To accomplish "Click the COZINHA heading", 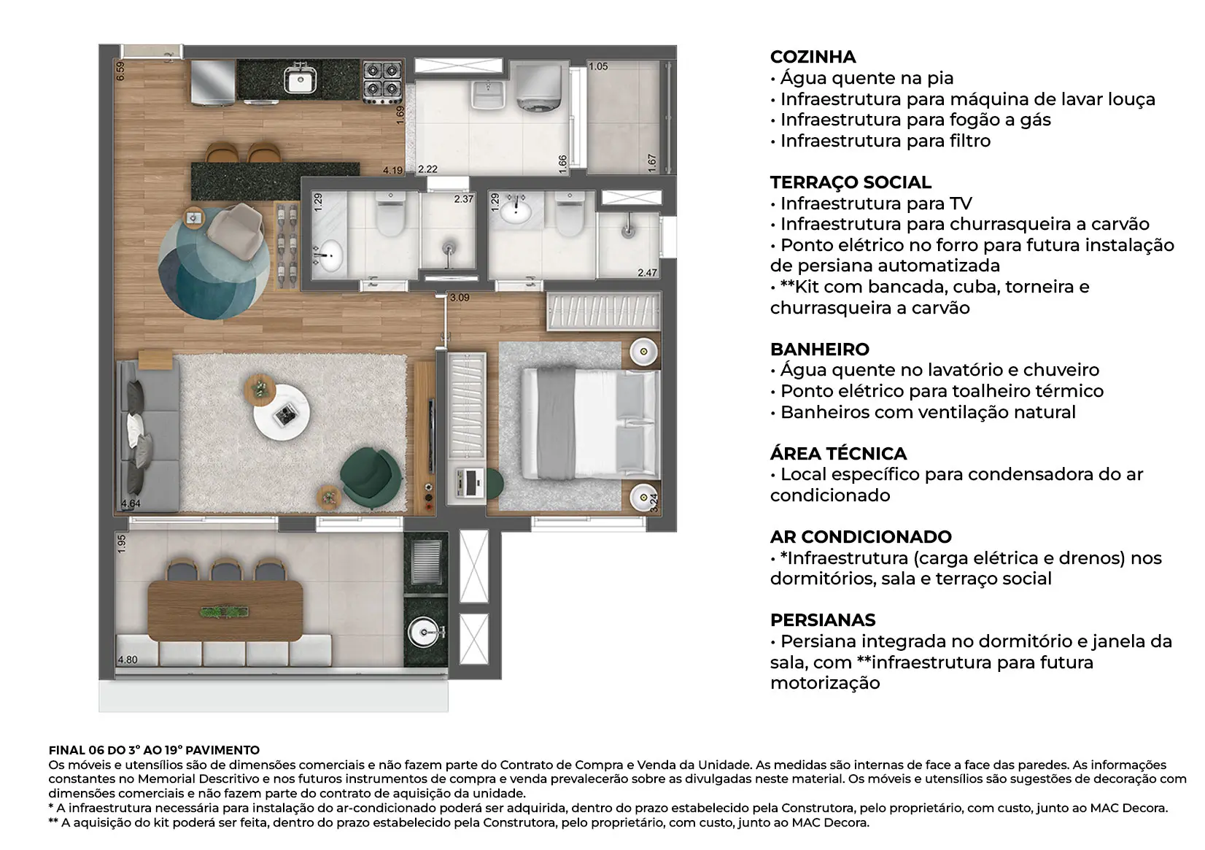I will click(x=813, y=57).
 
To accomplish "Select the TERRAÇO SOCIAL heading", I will click(x=851, y=182).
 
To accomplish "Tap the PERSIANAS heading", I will click(x=823, y=620).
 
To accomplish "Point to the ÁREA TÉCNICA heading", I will click(x=838, y=454).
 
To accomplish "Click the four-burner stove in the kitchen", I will click(x=382, y=80).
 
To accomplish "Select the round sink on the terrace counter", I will click(x=422, y=632).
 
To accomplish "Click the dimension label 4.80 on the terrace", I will click(x=128, y=660).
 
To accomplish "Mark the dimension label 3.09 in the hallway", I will click(x=460, y=298).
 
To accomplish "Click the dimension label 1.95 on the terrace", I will click(x=122, y=544).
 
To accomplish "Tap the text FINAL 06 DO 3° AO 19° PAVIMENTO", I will click(x=154, y=750).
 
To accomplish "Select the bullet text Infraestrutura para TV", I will click(x=876, y=204).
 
